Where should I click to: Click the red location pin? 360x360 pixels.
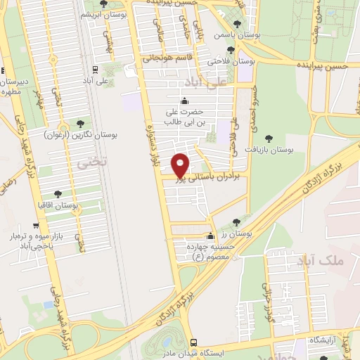pos(181,165)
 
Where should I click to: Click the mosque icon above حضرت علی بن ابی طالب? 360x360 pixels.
pos(185,100)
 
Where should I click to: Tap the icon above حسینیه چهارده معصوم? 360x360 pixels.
pos(209,236)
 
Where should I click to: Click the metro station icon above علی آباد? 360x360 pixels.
pos(94,70)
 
